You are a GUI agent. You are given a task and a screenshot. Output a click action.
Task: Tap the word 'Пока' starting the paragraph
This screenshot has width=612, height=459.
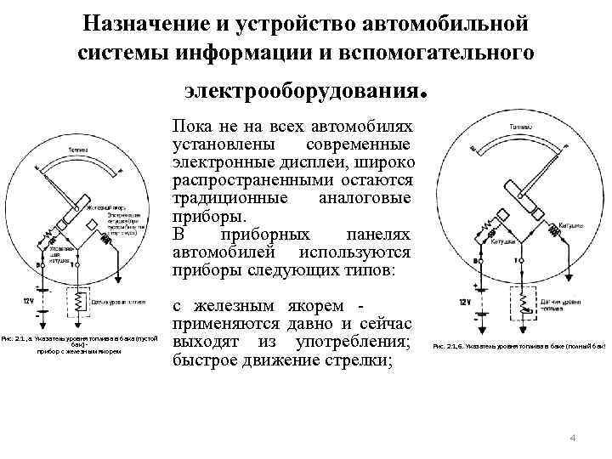[191, 124]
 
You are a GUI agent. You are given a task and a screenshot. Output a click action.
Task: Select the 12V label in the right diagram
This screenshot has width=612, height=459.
[464, 303]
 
